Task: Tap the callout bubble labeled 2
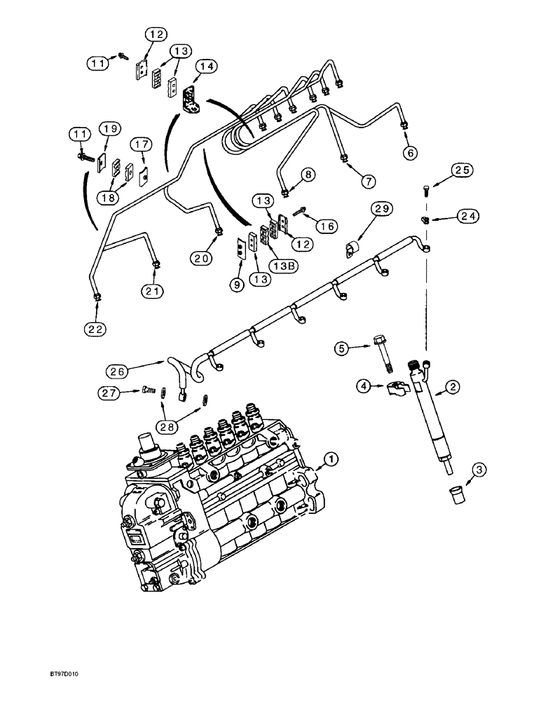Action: (453, 385)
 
